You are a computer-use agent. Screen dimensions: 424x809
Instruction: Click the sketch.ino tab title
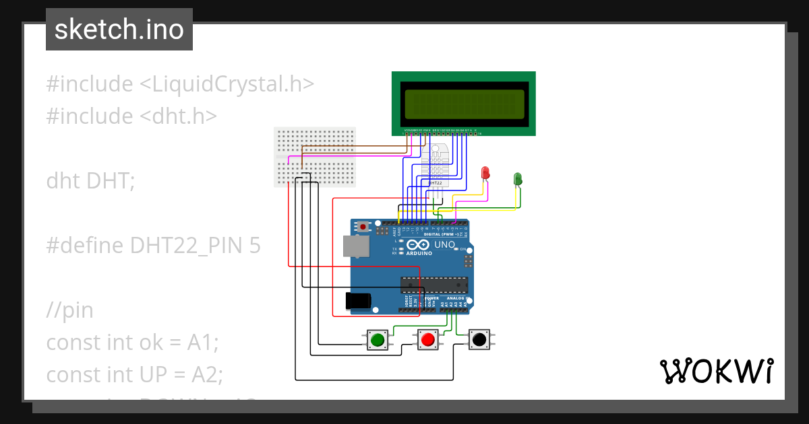point(119,30)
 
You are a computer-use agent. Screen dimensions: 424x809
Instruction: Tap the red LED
point(485,172)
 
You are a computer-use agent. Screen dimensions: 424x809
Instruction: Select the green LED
point(518,178)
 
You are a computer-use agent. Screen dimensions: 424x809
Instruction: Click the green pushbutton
point(378,340)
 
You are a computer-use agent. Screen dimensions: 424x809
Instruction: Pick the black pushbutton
point(479,340)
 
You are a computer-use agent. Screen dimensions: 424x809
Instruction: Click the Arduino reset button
point(364,227)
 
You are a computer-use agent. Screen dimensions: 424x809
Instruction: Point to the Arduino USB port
point(355,246)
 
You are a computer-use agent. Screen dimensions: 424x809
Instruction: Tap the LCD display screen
point(463,103)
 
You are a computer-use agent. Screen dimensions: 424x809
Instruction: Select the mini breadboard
point(315,157)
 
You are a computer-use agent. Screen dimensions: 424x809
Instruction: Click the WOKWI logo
point(716,371)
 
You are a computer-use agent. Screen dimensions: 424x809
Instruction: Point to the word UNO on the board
point(444,245)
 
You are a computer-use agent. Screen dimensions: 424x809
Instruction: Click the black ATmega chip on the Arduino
point(434,285)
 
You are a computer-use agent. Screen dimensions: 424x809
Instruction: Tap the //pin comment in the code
point(69,310)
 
